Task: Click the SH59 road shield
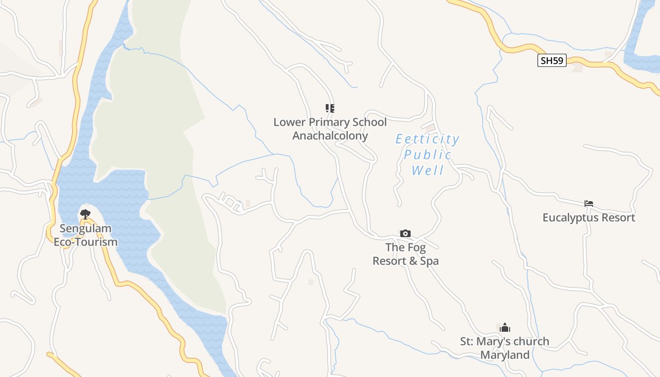552,61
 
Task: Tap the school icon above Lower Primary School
330,108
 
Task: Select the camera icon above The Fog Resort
405,233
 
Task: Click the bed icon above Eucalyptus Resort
588,204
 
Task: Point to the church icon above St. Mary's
505,328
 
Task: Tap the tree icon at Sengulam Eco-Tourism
85,214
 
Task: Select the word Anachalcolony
330,136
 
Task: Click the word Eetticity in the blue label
427,139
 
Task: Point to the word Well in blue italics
428,170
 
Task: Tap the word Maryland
505,355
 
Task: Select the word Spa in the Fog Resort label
429,261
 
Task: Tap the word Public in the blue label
428,155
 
